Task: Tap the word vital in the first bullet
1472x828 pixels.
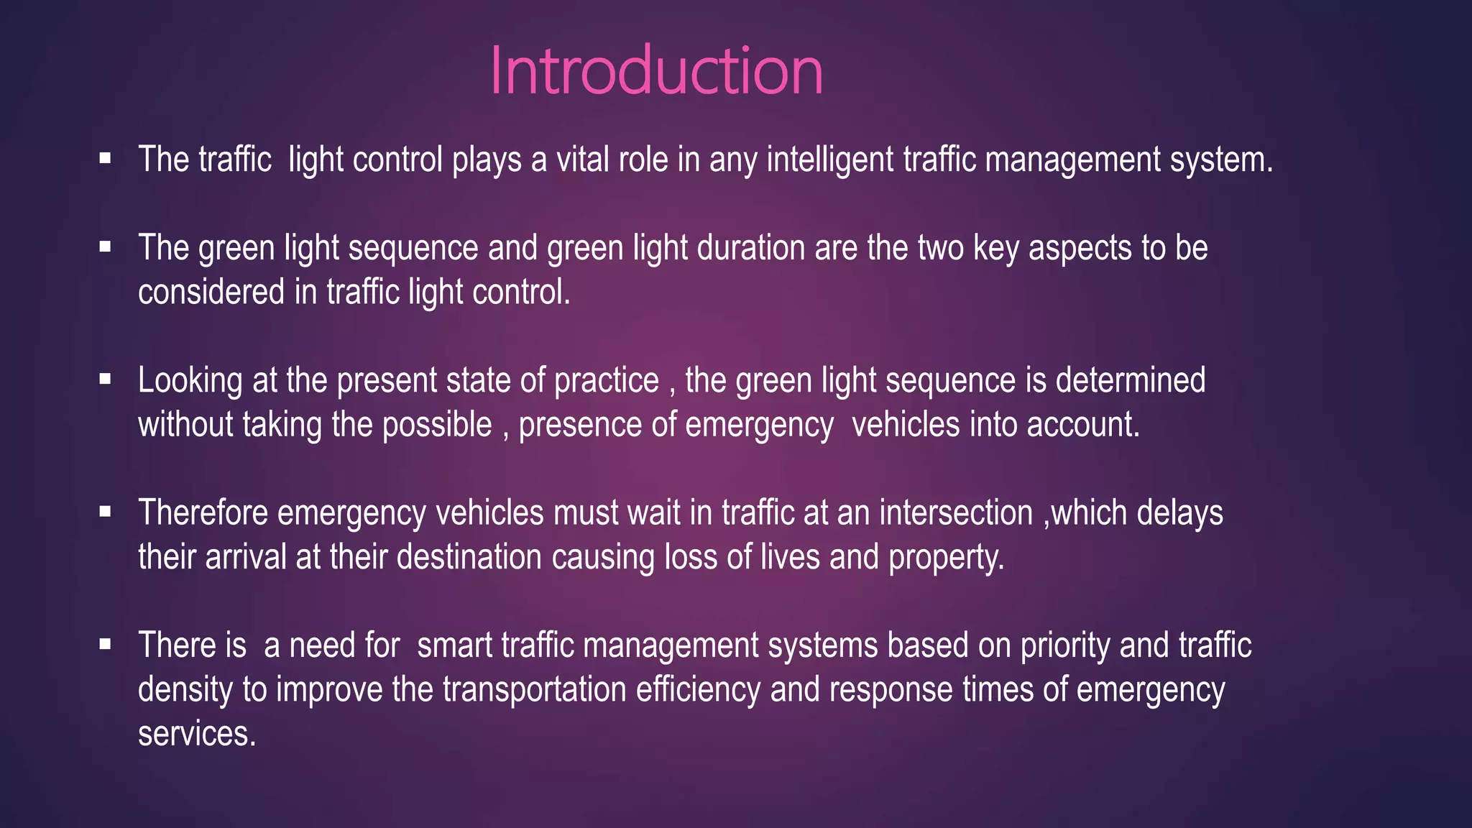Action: click(587, 160)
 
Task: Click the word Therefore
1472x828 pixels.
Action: click(203, 513)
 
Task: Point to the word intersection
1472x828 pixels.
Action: click(956, 513)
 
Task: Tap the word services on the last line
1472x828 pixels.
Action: click(196, 734)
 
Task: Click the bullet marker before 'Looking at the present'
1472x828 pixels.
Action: click(106, 379)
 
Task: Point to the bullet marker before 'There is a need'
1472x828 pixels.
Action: click(106, 644)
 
